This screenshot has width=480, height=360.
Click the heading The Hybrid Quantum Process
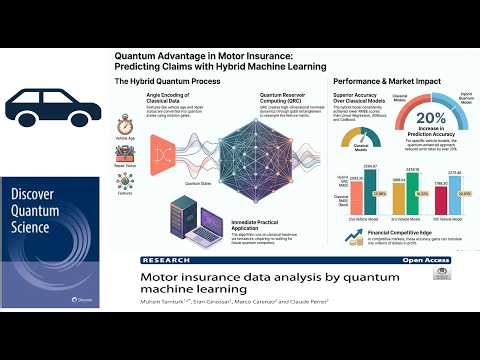169,81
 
